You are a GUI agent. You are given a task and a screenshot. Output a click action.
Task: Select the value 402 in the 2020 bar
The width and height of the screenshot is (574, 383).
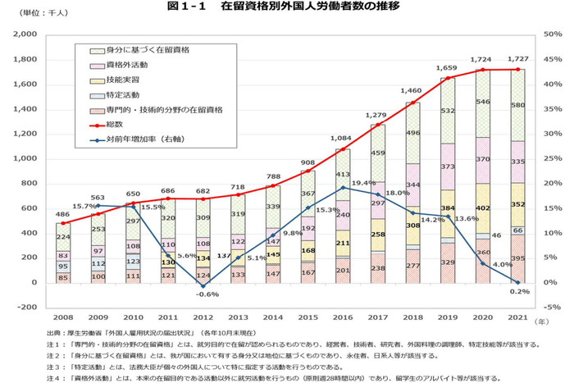(483, 208)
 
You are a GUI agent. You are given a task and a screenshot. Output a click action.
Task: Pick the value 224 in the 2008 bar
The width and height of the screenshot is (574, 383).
(63, 237)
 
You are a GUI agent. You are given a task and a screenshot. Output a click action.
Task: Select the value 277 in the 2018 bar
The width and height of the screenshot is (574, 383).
(412, 266)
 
